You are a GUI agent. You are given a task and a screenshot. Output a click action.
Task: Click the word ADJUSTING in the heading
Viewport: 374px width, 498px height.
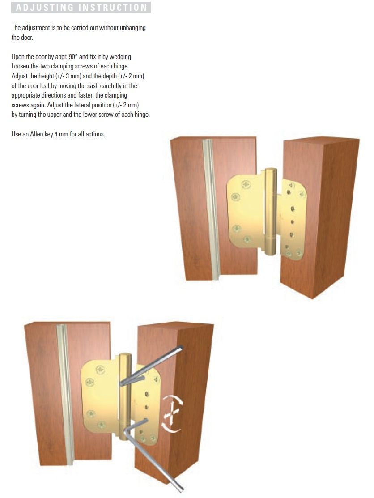click(x=45, y=8)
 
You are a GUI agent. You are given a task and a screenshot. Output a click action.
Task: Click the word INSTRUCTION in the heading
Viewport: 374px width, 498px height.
click(x=113, y=8)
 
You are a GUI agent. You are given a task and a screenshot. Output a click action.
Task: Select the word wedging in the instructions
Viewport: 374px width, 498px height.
click(x=121, y=57)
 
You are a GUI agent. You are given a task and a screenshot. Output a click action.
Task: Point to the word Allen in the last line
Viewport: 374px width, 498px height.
click(x=37, y=134)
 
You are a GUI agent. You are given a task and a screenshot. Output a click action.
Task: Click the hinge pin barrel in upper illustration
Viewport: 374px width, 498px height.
click(x=271, y=211)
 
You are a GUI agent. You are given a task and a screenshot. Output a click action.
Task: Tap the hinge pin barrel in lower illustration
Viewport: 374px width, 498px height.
click(x=125, y=396)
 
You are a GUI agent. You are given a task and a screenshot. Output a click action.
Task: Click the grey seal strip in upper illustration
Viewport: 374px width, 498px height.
click(x=211, y=209)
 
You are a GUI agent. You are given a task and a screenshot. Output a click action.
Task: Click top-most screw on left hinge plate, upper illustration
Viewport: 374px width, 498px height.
click(x=246, y=184)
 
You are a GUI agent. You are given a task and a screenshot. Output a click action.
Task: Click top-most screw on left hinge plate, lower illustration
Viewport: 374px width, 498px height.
click(x=101, y=370)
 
